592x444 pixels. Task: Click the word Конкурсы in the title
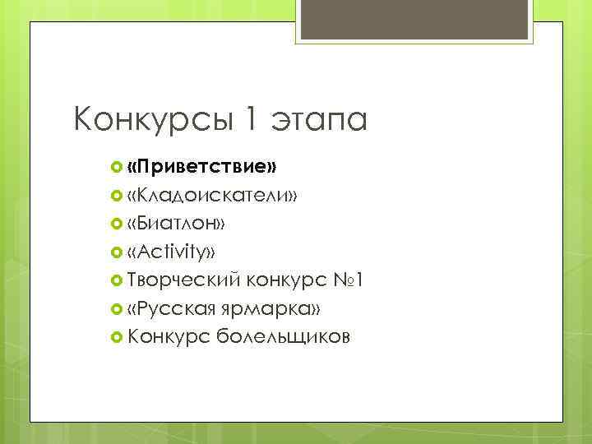[153, 121]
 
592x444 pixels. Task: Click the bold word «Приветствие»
[202, 167]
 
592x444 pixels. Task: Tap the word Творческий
[183, 280]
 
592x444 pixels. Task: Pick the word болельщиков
[284, 336]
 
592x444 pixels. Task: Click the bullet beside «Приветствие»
[116, 168]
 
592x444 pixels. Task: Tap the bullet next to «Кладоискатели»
[116, 196]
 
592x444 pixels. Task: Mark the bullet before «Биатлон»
[116, 224]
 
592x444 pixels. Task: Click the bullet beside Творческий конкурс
[116, 280]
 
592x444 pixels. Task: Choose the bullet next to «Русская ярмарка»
[116, 308]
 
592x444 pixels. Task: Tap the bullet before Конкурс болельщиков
[116, 336]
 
